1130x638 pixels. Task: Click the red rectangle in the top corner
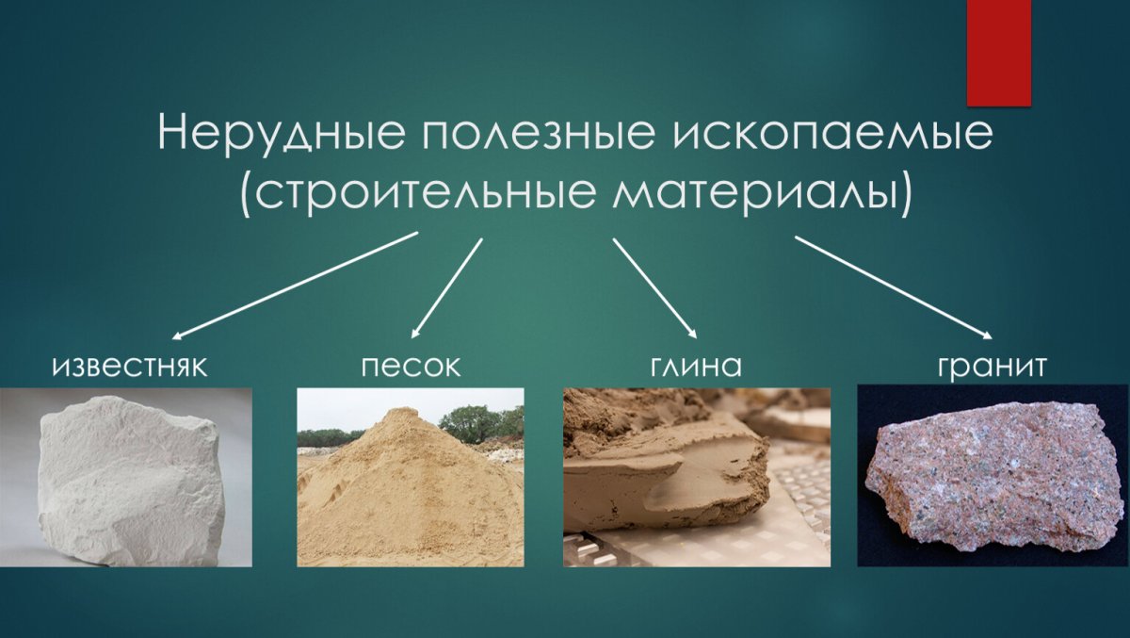pos(998,52)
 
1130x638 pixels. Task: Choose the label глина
pos(696,367)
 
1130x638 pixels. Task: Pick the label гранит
pos(992,367)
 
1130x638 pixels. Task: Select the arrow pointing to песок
pos(447,287)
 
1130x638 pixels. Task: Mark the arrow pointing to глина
pos(654,287)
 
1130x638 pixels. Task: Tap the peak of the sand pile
pos(403,414)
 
